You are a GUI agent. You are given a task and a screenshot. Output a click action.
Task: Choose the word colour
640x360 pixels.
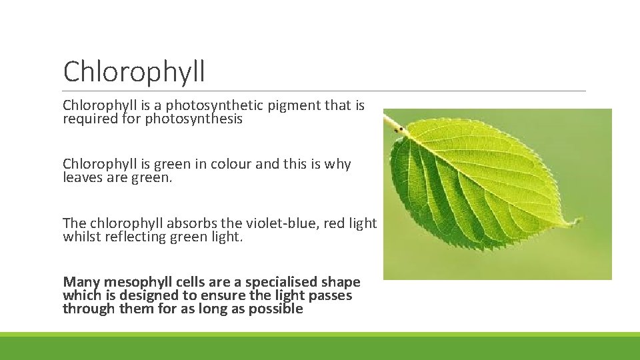(x=231, y=164)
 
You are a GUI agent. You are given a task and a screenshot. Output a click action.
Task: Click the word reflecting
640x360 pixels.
(x=141, y=237)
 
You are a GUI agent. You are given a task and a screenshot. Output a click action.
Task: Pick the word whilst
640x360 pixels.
(x=80, y=237)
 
